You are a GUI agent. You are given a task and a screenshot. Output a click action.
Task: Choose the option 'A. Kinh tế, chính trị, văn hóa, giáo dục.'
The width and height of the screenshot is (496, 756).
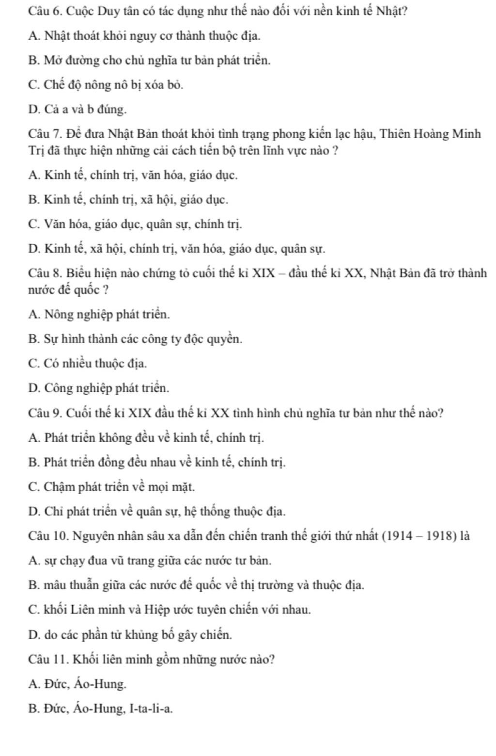pos(133,175)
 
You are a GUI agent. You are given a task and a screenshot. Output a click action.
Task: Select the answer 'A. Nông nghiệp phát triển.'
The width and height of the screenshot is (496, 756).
pos(99,314)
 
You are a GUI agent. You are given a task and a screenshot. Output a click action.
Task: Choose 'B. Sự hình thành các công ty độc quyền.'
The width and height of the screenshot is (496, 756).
pos(135,338)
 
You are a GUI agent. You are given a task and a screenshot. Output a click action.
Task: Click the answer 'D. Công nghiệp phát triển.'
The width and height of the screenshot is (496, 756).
pos(99,388)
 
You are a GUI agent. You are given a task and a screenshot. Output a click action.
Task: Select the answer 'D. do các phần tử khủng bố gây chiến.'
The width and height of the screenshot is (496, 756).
pos(130,634)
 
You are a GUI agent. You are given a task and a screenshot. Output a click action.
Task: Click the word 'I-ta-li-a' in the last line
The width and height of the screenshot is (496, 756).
pos(150,709)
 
